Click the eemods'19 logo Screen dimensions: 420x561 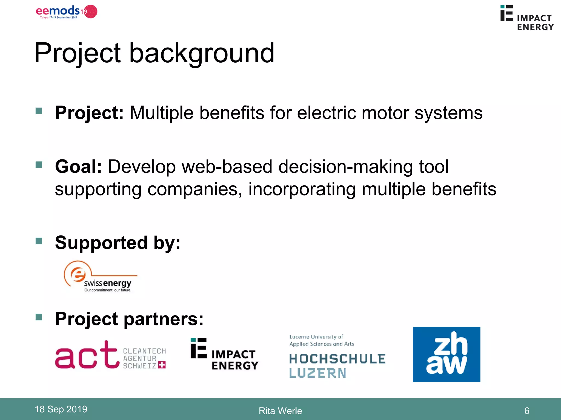[x=66, y=12]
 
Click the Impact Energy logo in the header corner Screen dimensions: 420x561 [x=526, y=18]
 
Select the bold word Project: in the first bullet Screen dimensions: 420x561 [x=89, y=113]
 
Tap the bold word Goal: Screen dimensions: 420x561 [x=78, y=167]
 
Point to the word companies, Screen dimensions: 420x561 [x=195, y=189]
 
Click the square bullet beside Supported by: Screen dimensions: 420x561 [x=39, y=241]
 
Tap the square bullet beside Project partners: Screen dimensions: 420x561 [x=39, y=317]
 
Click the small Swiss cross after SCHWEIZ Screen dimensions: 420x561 [x=162, y=365]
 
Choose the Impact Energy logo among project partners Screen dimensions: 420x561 [x=224, y=355]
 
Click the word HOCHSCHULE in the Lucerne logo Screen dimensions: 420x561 [x=337, y=359]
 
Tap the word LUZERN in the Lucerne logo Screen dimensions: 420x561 [x=318, y=373]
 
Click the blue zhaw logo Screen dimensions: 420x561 [x=446, y=354]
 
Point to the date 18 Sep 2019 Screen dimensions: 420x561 [x=61, y=409]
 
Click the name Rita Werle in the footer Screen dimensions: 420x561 [x=280, y=411]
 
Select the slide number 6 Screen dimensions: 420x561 [x=526, y=411]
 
